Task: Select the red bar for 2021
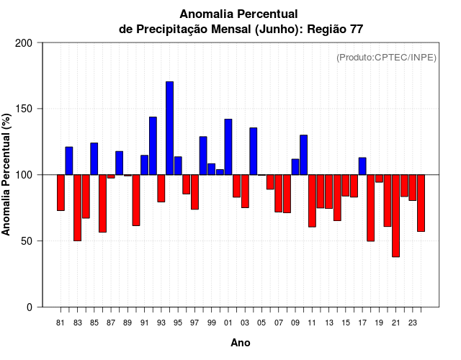point(395,215)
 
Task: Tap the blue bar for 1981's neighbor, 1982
point(69,161)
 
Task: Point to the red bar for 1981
point(61,192)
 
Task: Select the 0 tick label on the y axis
point(30,307)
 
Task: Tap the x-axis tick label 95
point(178,323)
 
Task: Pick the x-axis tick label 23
point(413,323)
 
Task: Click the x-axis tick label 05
point(261,323)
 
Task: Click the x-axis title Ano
point(241,343)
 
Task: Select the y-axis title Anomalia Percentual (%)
point(7,175)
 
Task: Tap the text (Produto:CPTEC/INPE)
point(386,58)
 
